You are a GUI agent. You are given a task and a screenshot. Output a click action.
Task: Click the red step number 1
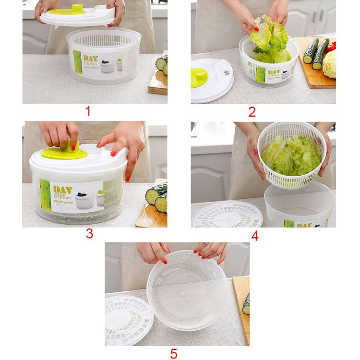tap(87, 112)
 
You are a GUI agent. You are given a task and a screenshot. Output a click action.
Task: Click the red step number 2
tap(252, 112)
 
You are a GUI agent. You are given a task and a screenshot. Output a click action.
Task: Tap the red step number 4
tap(254, 236)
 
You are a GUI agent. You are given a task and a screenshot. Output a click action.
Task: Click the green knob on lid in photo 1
tap(77, 9)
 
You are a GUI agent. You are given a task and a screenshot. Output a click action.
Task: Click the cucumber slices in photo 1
tap(162, 65)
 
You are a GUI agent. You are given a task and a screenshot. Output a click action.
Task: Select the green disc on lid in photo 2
tap(198, 78)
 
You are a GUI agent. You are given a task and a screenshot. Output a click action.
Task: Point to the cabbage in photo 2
tap(330, 65)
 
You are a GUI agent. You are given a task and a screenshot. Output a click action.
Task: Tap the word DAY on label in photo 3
tap(62, 190)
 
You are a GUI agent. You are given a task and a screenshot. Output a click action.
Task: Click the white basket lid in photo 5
tap(127, 321)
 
